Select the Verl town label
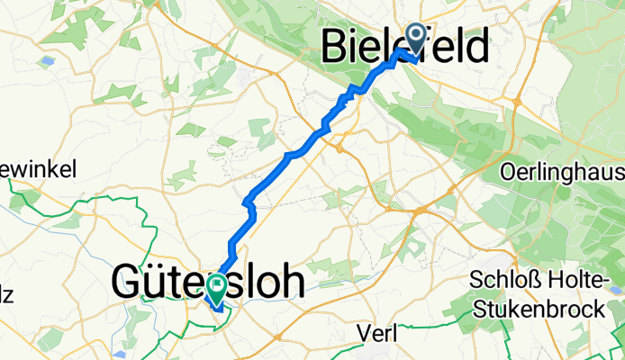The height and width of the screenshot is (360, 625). click(x=378, y=334)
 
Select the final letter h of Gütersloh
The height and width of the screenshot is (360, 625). click(x=293, y=281)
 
